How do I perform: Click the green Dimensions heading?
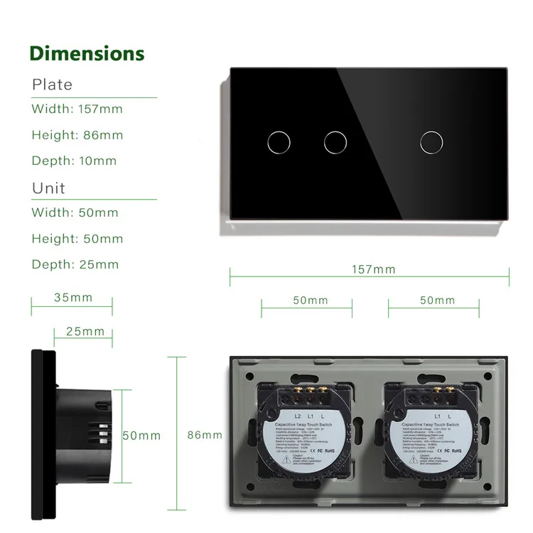[87, 53]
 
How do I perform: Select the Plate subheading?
[52, 85]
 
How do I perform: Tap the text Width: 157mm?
[77, 109]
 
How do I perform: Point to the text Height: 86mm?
[77, 135]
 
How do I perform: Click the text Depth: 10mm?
[74, 161]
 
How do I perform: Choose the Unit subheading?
[48, 188]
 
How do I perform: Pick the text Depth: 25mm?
[75, 264]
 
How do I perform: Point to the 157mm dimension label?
[374, 269]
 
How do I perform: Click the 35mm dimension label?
[73, 298]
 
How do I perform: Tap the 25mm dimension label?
[85, 331]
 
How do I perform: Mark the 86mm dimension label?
[205, 435]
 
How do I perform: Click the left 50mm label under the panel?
[311, 300]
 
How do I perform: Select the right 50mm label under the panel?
[437, 300]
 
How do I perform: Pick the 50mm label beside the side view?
[141, 435]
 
